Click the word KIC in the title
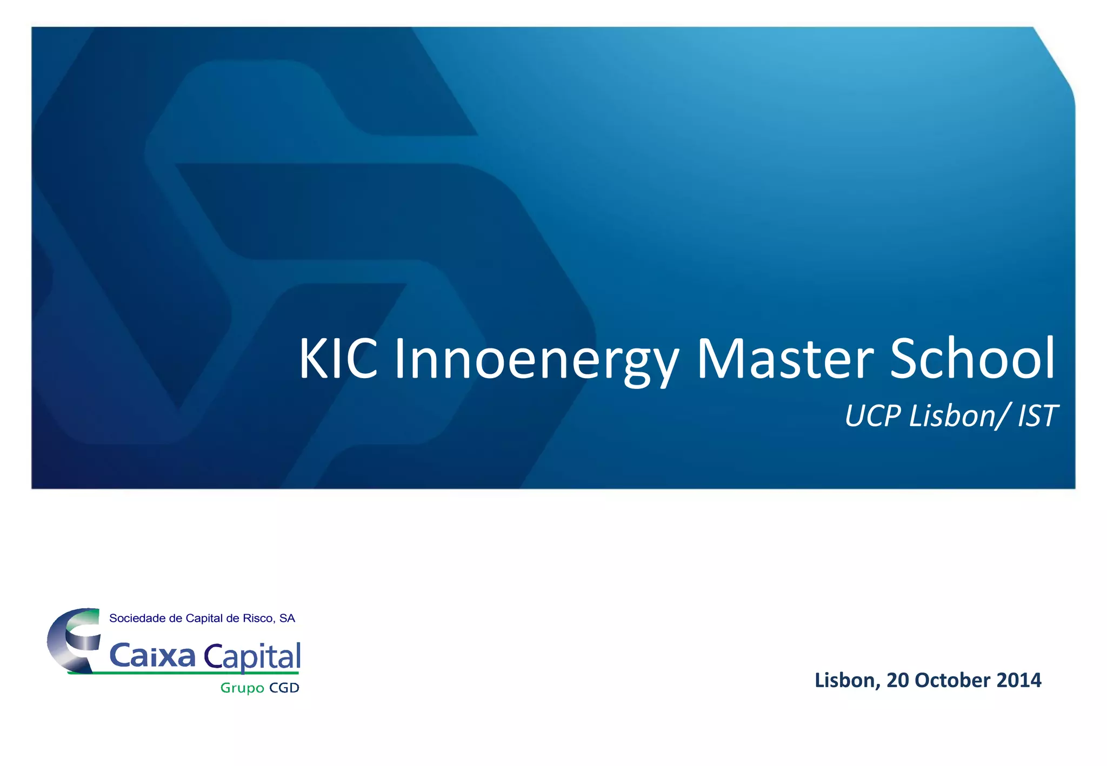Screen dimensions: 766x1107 point(338,359)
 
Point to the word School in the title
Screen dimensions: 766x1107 point(972,359)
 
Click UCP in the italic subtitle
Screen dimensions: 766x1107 point(873,416)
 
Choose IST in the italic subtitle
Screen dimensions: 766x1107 point(1037,416)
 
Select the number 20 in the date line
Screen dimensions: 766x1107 point(898,680)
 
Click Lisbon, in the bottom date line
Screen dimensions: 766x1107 point(848,680)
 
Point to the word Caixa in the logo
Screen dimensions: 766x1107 point(152,656)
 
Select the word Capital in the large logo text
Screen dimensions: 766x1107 point(252,657)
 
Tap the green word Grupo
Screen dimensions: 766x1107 point(242,688)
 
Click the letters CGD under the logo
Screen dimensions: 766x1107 point(284,688)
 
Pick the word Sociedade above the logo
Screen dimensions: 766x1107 point(137,619)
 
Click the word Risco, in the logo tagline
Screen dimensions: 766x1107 point(259,619)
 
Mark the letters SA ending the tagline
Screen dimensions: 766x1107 point(287,619)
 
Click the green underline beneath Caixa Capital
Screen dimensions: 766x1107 point(184,673)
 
